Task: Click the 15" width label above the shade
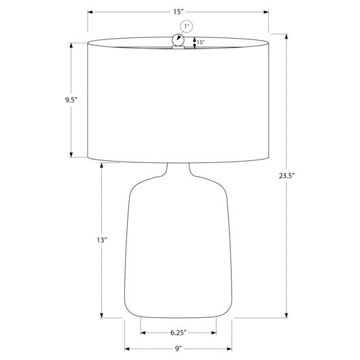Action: [x=178, y=12]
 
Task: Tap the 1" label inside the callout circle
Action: [x=186, y=26]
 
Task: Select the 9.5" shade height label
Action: [x=71, y=100]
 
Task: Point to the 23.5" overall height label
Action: [x=287, y=176]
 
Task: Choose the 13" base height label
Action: [x=102, y=240]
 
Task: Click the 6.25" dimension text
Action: [x=178, y=333]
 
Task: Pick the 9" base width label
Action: [x=178, y=348]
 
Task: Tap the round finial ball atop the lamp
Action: [x=178, y=40]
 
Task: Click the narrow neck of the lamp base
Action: [x=178, y=169]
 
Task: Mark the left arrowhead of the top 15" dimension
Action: [x=90, y=12]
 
